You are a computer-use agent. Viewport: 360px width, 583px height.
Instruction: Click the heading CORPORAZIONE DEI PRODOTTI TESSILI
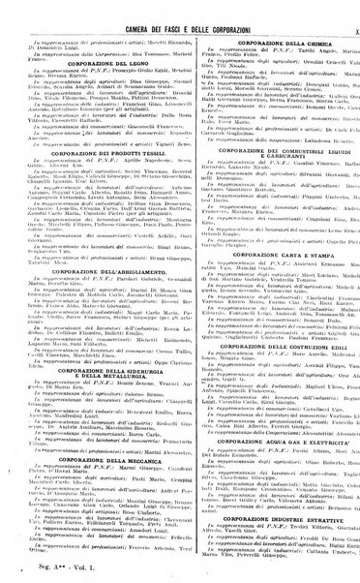pyautogui.click(x=98, y=155)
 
